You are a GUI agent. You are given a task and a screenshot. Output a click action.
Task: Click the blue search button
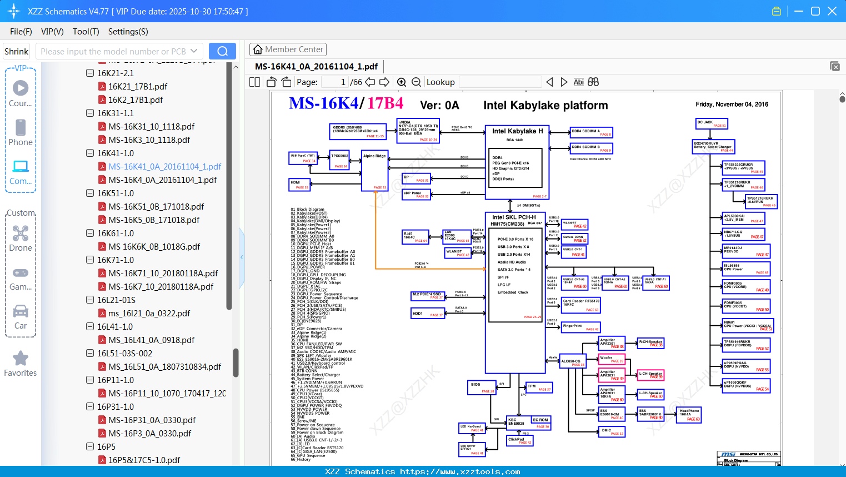pos(222,51)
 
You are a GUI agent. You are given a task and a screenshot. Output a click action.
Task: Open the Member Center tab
pos(288,49)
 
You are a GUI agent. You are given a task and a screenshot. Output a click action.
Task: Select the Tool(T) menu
pos(86,32)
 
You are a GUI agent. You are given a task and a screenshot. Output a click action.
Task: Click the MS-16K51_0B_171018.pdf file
pos(156,206)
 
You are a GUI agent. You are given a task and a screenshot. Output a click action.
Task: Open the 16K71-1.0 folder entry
pos(115,260)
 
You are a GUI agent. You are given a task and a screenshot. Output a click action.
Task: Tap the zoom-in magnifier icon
pos(402,82)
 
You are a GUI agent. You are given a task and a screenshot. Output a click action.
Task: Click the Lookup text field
pos(500,82)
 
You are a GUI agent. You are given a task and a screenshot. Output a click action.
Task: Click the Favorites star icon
pos(21,359)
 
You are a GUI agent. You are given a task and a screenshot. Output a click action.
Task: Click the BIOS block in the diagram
pos(481,387)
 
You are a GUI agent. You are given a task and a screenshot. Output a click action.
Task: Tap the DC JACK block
pos(712,123)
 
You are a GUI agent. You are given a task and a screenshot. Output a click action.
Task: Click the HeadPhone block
pos(689,415)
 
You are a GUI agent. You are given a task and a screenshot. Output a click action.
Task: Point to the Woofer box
pos(612,359)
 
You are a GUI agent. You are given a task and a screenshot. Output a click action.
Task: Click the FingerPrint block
pos(580,327)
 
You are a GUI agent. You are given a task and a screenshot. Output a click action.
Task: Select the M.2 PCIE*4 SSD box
pos(428,296)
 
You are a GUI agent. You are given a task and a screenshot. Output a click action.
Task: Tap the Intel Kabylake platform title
pos(545,106)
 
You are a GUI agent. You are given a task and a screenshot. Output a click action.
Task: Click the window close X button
pos(832,11)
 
